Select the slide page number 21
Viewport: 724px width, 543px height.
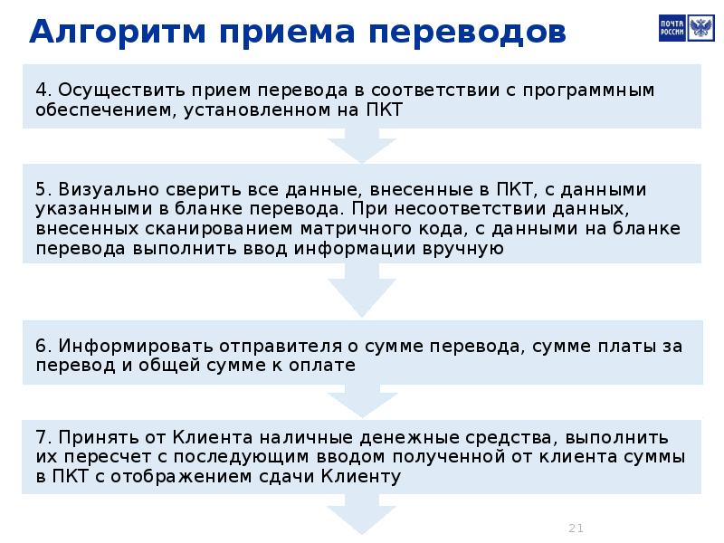[x=576, y=528]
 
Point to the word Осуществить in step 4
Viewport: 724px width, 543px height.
[x=100, y=90]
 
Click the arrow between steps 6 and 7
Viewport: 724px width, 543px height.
[x=362, y=395]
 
